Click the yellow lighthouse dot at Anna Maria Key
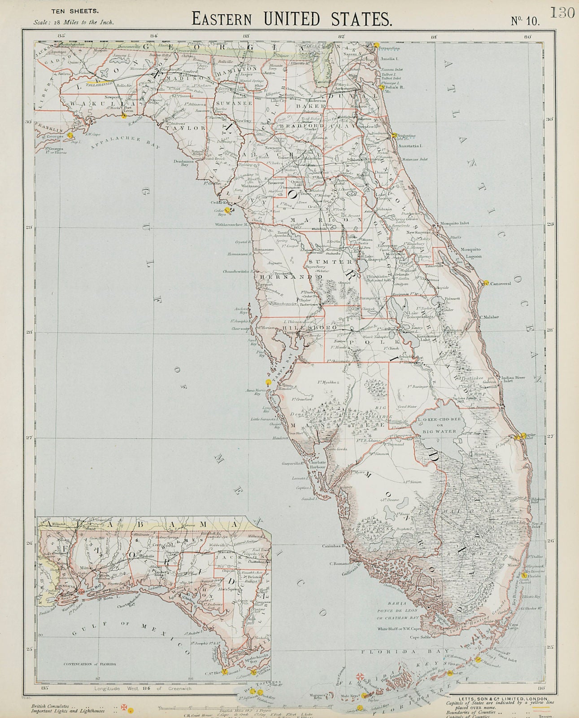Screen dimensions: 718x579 coord(269,382)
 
